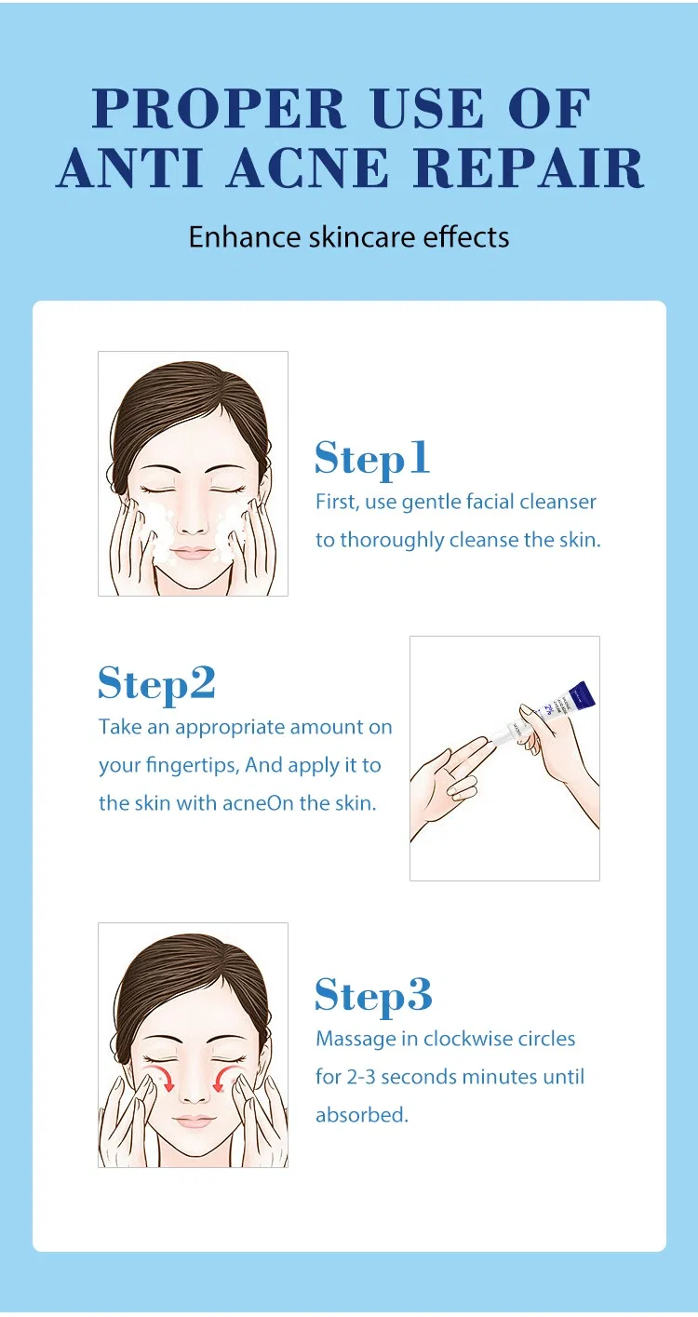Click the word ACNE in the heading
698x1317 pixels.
coord(306,168)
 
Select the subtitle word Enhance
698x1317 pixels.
coord(245,236)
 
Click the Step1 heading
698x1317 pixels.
coord(372,458)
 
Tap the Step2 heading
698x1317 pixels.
coord(156,683)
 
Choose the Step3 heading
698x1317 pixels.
coord(373,995)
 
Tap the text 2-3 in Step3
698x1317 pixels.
coord(361,1077)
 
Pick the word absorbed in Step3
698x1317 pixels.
coord(362,1115)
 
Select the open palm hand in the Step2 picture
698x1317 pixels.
coord(447,782)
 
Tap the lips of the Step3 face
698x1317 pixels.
coord(194,1121)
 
